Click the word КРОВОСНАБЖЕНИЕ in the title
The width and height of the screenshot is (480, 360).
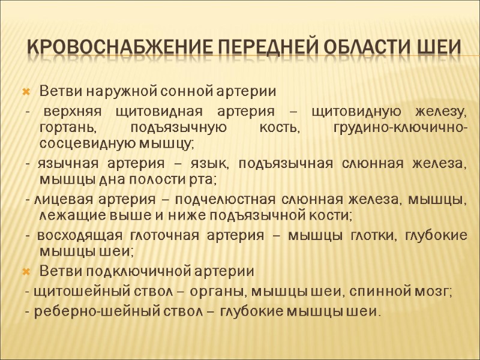coord(114,47)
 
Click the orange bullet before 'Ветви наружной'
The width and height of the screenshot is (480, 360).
coord(26,93)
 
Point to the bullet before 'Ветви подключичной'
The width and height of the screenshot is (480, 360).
coord(26,271)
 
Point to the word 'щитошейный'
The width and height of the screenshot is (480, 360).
coord(67,292)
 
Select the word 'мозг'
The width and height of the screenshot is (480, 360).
coord(434,292)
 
